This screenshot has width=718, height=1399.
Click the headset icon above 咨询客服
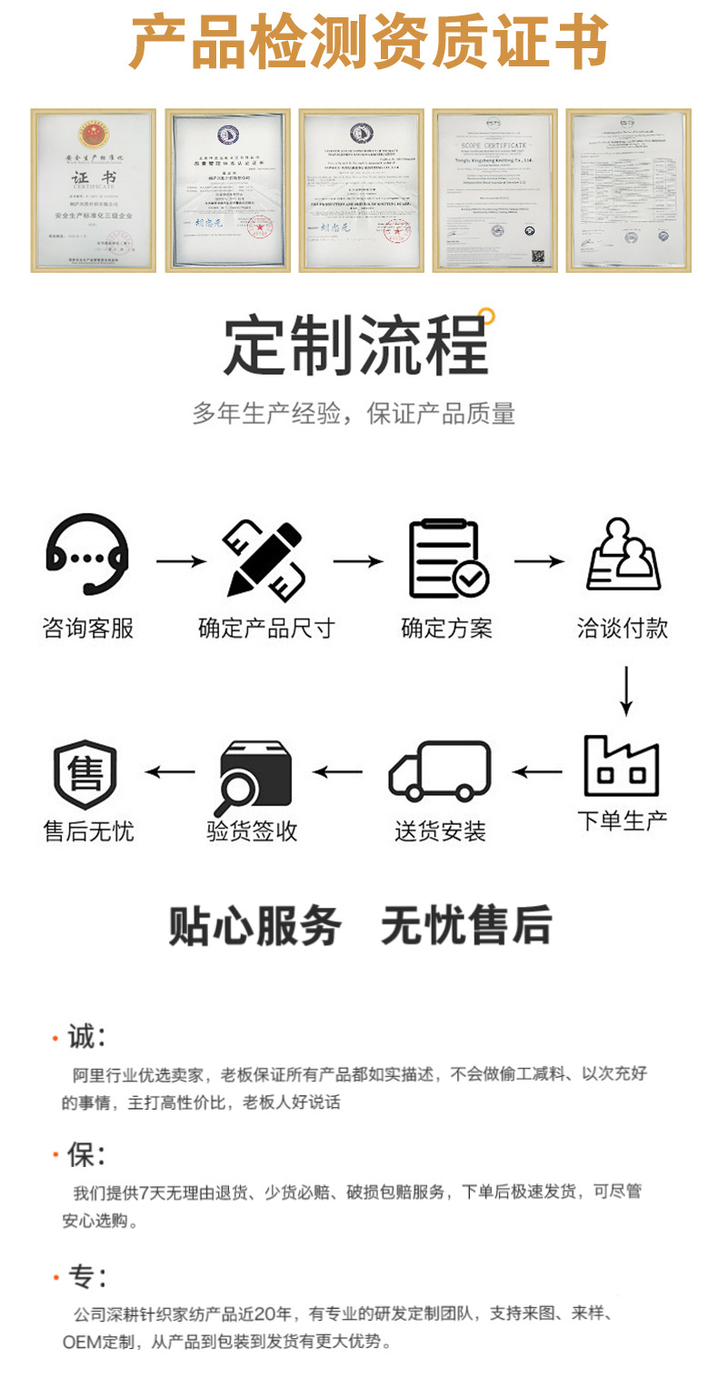click(x=86, y=556)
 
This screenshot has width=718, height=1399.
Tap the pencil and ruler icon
click(x=264, y=559)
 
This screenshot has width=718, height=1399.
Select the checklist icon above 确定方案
click(x=448, y=559)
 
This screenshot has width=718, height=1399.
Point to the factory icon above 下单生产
click(x=622, y=766)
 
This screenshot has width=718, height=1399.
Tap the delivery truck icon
click(x=440, y=771)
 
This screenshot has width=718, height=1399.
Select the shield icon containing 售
click(x=86, y=774)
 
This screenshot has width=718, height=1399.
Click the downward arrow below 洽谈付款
click(x=624, y=690)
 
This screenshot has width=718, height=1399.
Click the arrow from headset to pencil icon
click(x=181, y=561)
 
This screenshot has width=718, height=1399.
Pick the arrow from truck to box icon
click(x=338, y=772)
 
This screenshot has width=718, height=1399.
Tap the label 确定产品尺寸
click(x=266, y=628)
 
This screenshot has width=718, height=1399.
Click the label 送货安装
click(x=440, y=830)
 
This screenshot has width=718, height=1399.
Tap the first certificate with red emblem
click(x=94, y=190)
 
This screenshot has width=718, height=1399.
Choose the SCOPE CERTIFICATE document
click(x=494, y=190)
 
